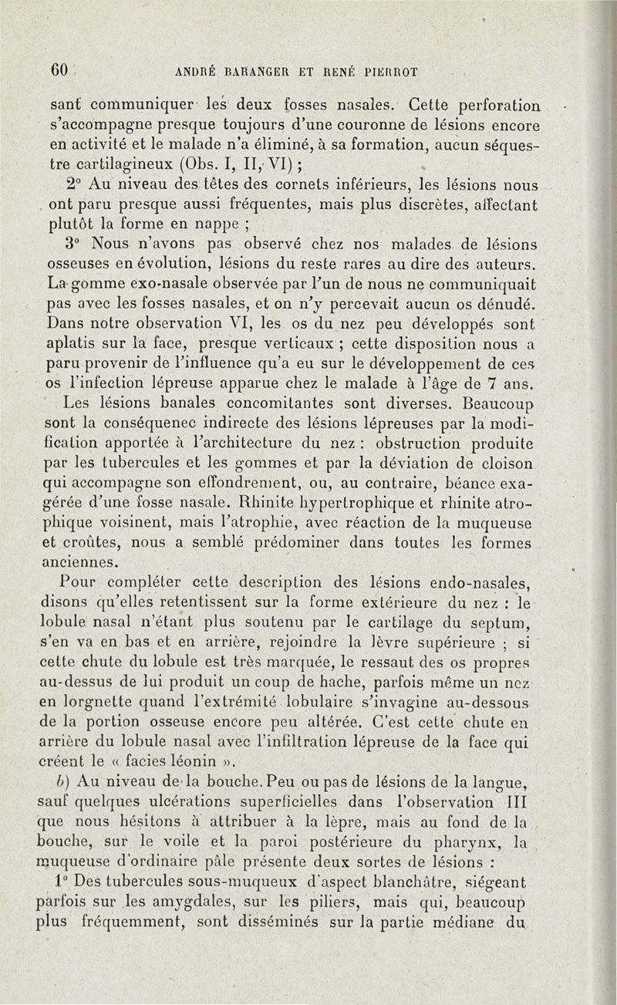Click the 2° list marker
[74, 185]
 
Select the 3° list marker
[74, 245]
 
